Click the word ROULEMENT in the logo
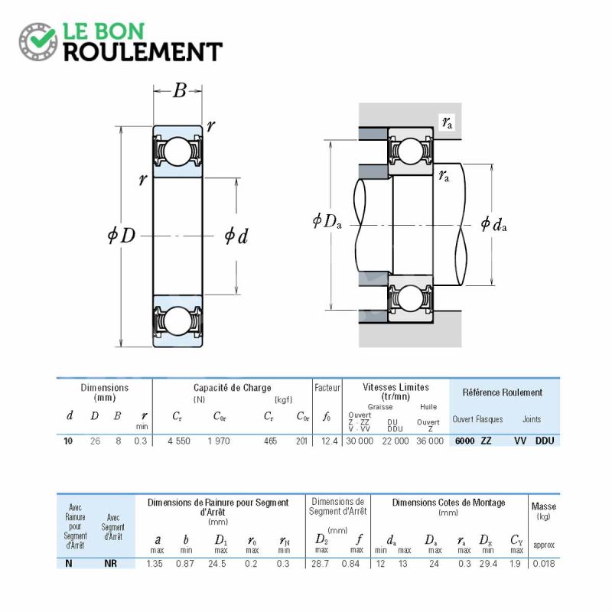tap(143, 52)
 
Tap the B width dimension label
tap(180, 90)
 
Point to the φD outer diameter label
tap(122, 236)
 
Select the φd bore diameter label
tap(236, 236)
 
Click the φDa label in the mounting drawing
tap(327, 221)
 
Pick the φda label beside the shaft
tap(493, 224)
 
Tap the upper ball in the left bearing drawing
tap(178, 151)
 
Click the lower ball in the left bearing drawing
tap(178, 321)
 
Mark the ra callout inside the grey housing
tap(448, 122)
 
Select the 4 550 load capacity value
tap(179, 441)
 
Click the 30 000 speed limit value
tap(360, 441)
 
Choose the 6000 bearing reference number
tap(465, 441)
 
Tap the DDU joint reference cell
tap(545, 441)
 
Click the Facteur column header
tap(327, 388)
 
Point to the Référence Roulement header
tap(503, 392)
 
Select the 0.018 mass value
tap(543, 564)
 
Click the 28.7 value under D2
tap(320, 564)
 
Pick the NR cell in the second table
tap(110, 564)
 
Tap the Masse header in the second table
tap(544, 506)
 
